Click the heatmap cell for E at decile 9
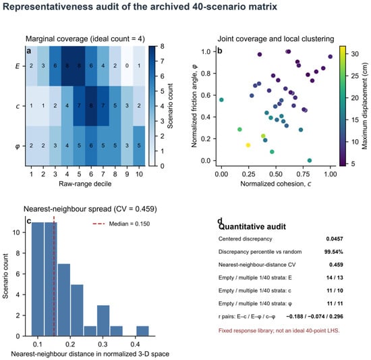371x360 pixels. click(127, 66)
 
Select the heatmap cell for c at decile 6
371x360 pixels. click(91, 105)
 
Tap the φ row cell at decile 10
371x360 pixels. click(139, 146)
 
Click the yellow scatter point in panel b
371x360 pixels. click(248, 145)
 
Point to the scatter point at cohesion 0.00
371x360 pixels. click(221, 100)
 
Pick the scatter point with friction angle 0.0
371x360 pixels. click(310, 160)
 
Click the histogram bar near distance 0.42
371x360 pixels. click(143, 331)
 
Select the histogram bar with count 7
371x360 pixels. click(64, 300)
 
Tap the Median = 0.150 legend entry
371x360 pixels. click(121, 224)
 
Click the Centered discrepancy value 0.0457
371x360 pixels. click(335, 239)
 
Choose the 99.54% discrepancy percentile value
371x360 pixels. click(334, 252)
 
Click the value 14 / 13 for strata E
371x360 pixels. click(335, 278)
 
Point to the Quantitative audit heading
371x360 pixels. click(252, 227)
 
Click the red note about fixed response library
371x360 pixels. click(279, 331)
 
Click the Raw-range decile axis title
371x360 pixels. click(85, 184)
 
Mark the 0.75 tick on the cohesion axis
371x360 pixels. click(303, 174)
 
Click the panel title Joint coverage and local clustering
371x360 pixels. click(276, 39)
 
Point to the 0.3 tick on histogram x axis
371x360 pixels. click(103, 344)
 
